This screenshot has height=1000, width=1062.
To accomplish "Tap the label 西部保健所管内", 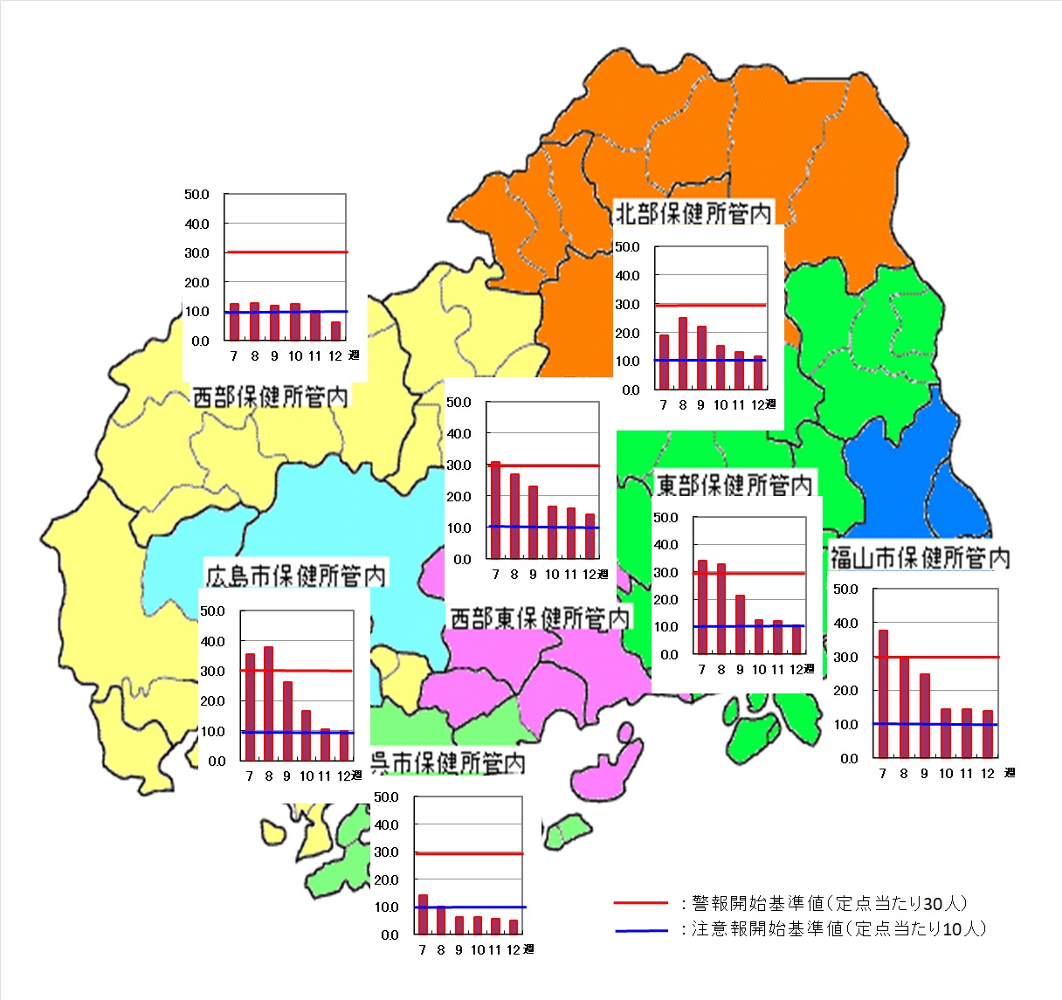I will tap(270, 397).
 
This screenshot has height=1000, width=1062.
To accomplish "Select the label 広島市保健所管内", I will tap(295, 576).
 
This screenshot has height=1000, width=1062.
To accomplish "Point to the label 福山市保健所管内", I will tap(920, 557).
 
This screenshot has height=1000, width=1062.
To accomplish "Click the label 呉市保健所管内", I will tap(448, 762).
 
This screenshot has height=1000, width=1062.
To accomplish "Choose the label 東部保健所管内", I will tap(734, 485).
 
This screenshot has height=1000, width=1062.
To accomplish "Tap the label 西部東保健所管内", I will tap(539, 618).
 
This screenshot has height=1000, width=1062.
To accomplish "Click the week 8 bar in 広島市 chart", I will tap(268, 704).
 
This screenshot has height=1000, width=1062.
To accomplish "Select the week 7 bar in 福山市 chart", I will tap(883, 693).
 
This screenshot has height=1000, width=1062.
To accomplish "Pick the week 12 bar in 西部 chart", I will tap(335, 331).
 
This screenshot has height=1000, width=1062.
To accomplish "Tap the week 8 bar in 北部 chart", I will tap(682, 354).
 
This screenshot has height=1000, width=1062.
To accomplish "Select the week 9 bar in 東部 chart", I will tap(740, 624).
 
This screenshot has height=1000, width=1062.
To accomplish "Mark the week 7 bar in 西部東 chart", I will tap(495, 511).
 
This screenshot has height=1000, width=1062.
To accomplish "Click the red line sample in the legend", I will tap(640, 903).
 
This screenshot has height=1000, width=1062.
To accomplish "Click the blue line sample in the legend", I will tap(640, 930).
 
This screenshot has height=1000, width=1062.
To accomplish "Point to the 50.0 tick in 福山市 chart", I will tap(845, 590).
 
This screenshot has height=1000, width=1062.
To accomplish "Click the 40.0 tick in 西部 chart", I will tap(197, 224).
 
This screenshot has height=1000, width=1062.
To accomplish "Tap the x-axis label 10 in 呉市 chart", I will tap(477, 949).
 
